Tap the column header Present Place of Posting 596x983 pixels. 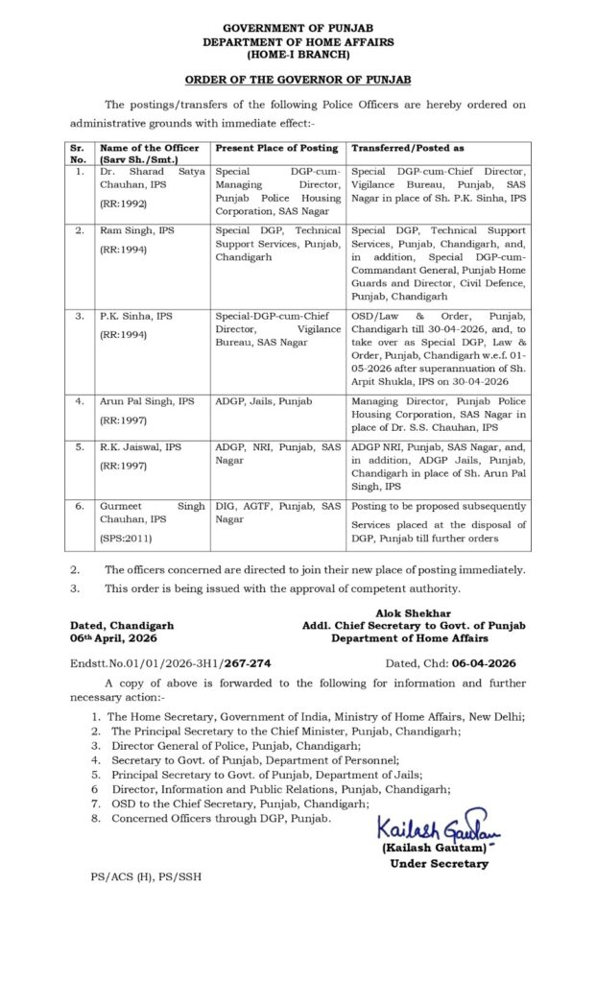coord(275,149)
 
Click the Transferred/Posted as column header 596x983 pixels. coord(408,149)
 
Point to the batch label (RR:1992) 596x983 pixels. coord(127,204)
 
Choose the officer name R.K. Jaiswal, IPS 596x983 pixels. coord(141,447)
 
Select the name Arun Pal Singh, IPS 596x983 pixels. coord(147,397)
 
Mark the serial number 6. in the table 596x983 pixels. coord(78,505)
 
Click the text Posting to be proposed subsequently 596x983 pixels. coord(439,505)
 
